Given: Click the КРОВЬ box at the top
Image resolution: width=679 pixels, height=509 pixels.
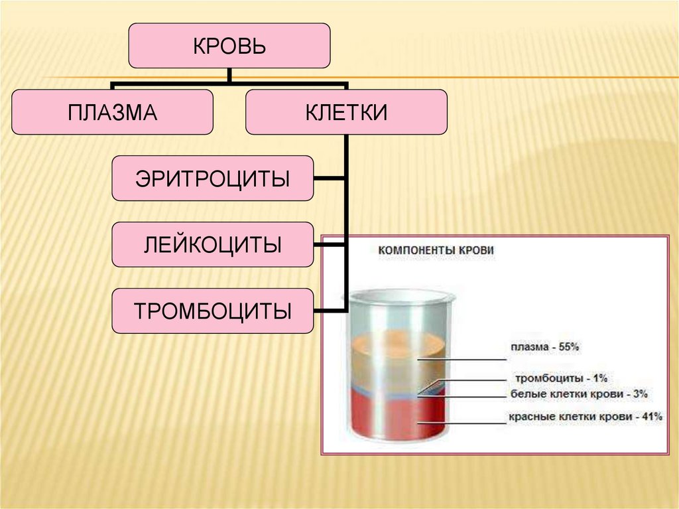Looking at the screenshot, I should tap(229, 46).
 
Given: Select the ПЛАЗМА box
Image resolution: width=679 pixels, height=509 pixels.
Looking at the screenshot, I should tap(112, 112).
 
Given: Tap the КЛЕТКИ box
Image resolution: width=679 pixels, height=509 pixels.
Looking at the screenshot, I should tap(346, 112).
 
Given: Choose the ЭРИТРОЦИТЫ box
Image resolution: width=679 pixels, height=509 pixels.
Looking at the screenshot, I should tap(212, 179).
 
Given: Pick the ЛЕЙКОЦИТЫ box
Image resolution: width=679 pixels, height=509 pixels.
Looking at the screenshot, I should tap(212, 245).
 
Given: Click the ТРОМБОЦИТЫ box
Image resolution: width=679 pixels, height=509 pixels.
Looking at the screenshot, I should tap(212, 311).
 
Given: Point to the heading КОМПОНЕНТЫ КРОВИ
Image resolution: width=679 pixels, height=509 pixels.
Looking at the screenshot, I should tap(436, 251).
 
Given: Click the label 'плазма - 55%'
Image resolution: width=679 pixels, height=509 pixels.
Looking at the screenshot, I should tap(545, 346).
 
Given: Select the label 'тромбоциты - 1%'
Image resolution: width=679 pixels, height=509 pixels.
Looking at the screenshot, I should tap(561, 378).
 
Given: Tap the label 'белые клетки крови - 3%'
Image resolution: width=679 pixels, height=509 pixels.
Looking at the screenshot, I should tap(578, 394).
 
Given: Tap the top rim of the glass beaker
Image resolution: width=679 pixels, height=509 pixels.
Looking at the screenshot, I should tap(402, 296).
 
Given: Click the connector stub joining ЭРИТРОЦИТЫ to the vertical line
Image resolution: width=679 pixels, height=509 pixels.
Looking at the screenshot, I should tap(330, 179).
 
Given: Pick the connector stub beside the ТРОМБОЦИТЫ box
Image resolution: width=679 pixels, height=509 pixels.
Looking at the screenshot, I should tap(330, 311).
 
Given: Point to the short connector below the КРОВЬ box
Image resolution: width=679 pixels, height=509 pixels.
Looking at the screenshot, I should tap(229, 76).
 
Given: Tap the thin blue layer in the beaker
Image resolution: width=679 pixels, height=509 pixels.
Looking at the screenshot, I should tap(398, 393).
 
